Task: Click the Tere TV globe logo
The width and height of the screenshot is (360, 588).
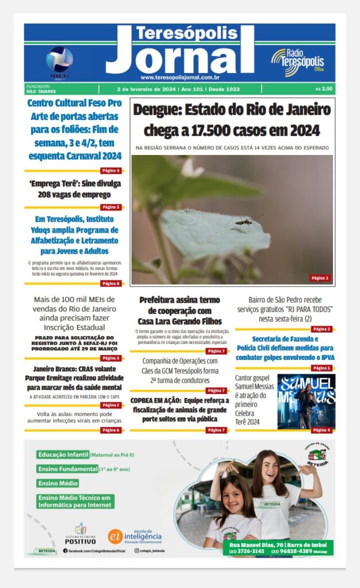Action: (60, 60)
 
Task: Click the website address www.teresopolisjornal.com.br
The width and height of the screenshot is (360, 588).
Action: (180, 78)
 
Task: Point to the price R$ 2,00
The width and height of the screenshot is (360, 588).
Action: (324, 89)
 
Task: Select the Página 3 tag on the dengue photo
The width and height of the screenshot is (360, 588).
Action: (320, 278)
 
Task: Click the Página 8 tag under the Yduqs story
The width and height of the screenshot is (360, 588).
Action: (111, 283)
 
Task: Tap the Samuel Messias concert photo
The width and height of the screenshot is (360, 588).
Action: (306, 401)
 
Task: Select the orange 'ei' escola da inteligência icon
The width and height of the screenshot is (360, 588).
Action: (115, 536)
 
